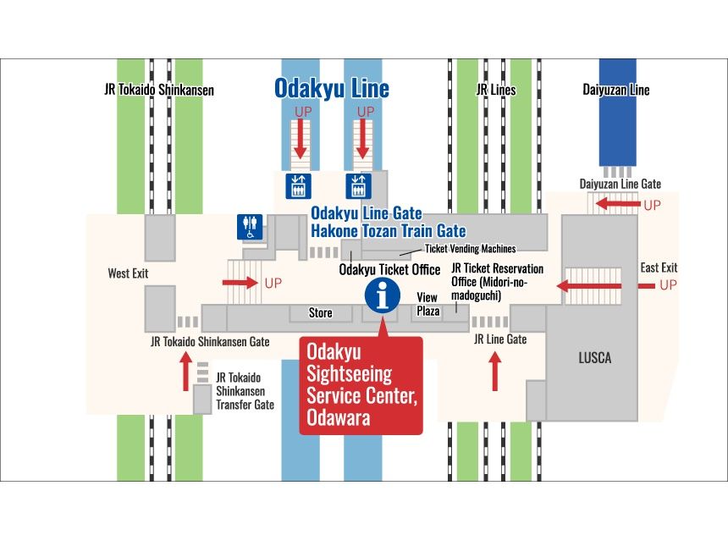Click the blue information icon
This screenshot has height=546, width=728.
(382, 295)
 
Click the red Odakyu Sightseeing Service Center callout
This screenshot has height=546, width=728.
(361, 384)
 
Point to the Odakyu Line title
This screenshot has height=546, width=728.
(331, 88)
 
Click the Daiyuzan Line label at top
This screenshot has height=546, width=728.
(615, 89)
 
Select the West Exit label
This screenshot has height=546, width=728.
(128, 273)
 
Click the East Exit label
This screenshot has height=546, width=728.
(659, 267)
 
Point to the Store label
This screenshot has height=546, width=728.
(320, 313)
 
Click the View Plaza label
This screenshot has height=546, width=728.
(427, 304)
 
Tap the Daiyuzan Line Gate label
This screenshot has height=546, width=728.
(620, 184)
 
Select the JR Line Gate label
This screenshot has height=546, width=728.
(500, 339)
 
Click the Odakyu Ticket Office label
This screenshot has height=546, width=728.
(389, 270)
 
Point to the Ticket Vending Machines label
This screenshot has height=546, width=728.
(470, 248)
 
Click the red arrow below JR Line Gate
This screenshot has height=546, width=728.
(496, 372)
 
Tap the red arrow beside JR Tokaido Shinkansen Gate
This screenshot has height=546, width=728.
(186, 372)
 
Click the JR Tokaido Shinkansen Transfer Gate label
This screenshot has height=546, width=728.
(245, 391)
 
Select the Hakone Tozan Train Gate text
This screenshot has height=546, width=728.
(388, 230)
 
